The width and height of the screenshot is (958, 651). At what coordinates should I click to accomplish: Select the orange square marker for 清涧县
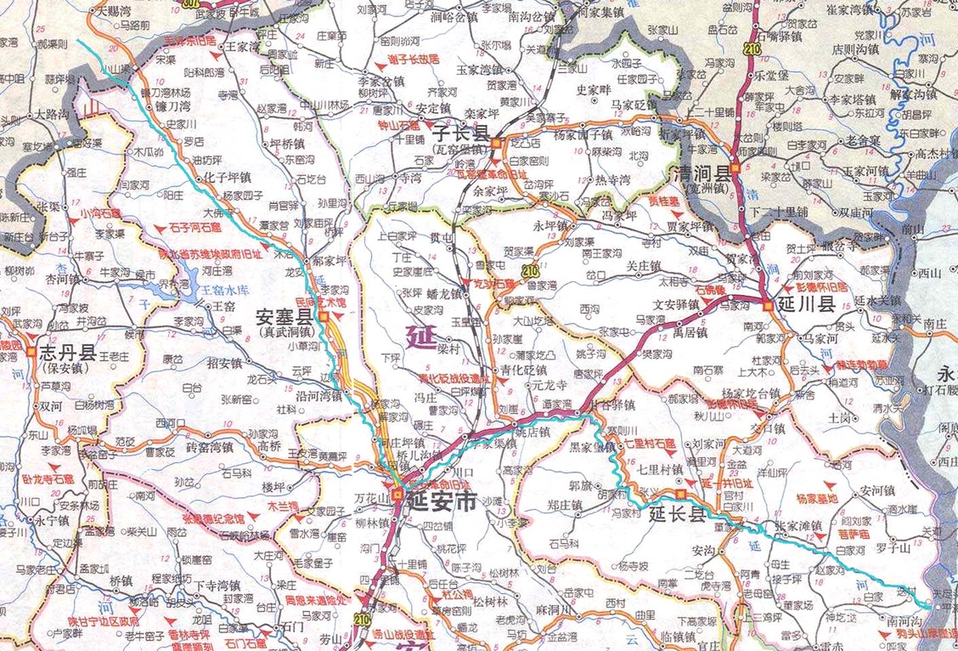click(735, 167)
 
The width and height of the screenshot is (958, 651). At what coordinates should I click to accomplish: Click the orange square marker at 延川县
click(769, 306)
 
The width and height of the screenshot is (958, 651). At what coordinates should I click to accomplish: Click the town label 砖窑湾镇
click(209, 447)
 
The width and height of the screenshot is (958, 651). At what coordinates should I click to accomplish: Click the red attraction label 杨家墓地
click(817, 499)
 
